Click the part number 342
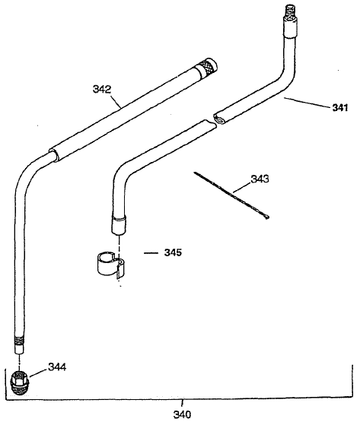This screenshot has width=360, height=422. (103, 89)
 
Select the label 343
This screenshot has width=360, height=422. (261, 181)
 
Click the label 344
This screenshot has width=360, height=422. (56, 367)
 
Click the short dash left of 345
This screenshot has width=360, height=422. (150, 250)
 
